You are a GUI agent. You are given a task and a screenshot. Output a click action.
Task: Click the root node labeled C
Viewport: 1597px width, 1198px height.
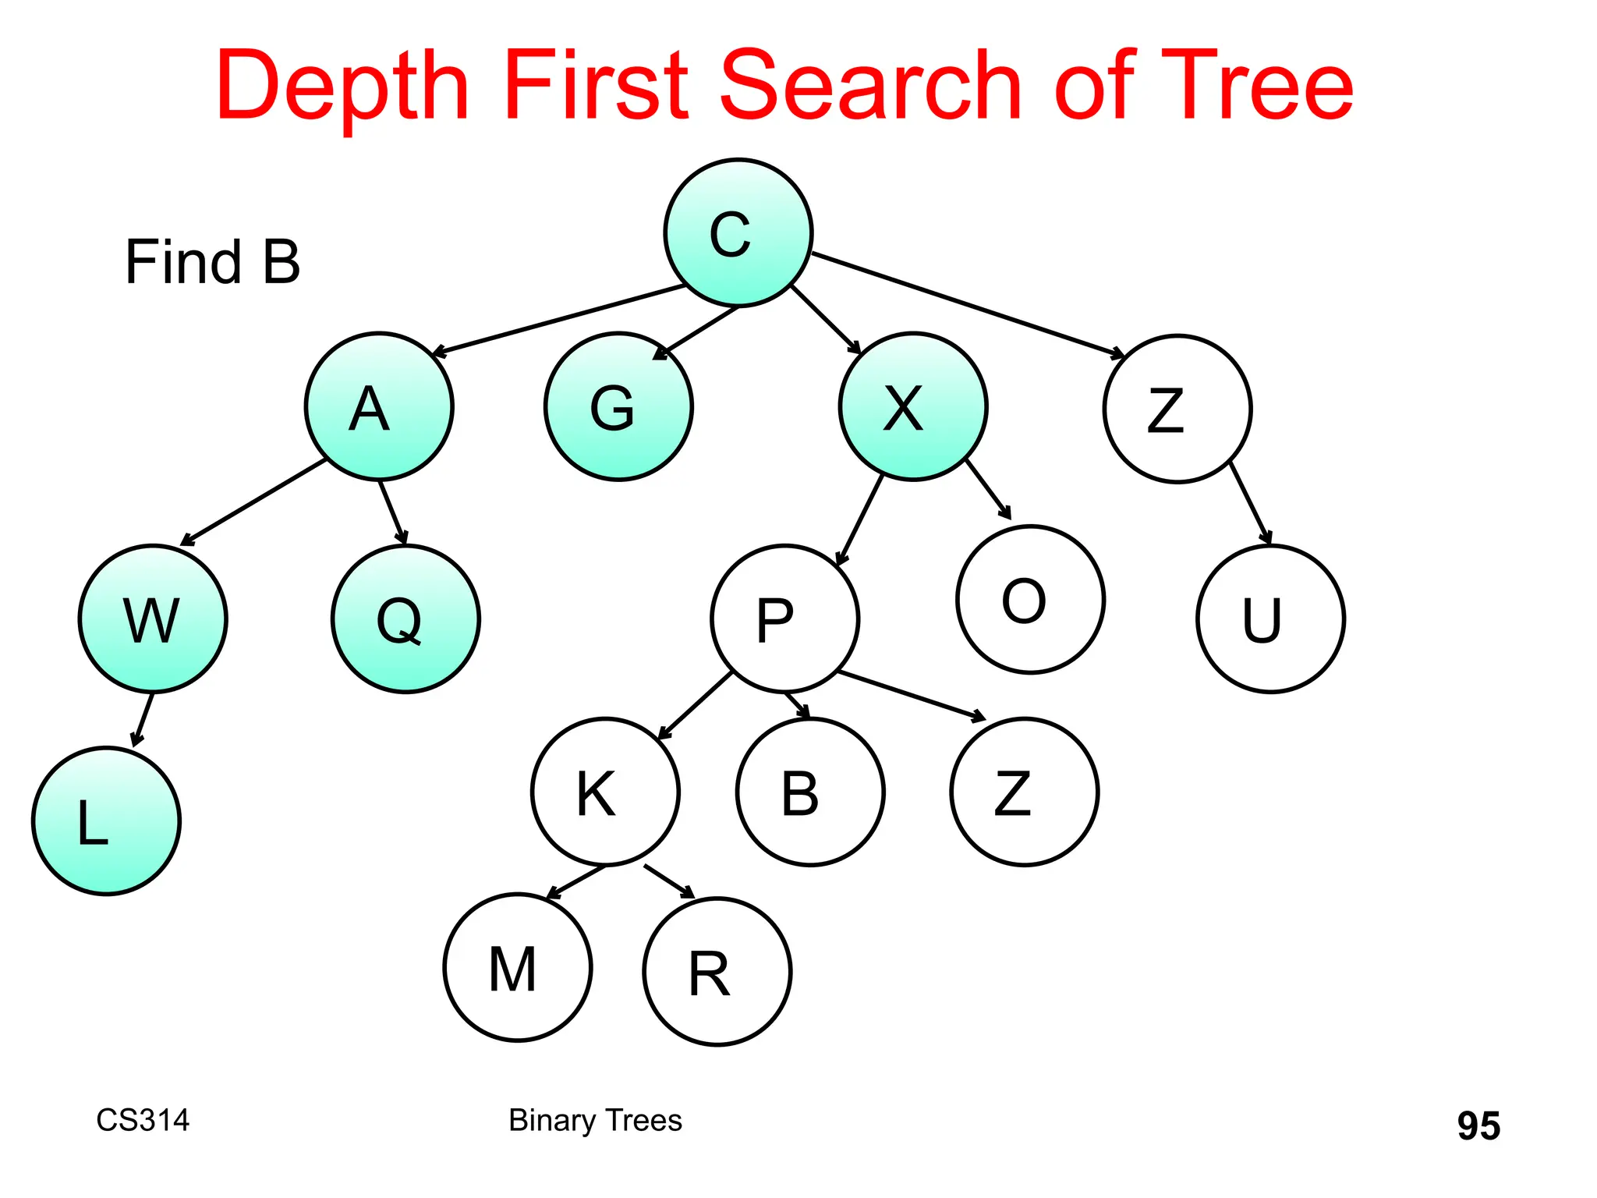point(738,232)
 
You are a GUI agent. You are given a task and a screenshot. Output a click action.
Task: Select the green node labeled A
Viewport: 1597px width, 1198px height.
point(379,406)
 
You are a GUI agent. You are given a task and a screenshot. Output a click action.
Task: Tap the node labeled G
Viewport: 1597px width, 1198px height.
point(618,406)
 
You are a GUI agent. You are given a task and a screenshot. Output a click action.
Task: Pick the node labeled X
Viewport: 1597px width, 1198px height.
point(912,406)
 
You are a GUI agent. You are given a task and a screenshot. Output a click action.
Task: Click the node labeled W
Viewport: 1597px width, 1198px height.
point(153,618)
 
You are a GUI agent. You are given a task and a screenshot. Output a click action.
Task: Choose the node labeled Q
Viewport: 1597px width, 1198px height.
point(405,618)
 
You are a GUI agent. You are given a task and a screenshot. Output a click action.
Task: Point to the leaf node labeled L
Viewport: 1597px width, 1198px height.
point(106,821)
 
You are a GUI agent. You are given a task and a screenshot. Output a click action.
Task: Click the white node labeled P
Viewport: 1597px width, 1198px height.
point(784,618)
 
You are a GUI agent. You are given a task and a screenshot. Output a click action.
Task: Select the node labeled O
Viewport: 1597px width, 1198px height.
point(1030,599)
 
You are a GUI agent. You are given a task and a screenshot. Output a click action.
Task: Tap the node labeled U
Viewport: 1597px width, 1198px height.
point(1270,618)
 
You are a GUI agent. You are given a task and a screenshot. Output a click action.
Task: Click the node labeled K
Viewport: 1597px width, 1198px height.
point(605,792)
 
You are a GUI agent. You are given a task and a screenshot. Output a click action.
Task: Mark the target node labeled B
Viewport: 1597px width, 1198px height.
point(810,792)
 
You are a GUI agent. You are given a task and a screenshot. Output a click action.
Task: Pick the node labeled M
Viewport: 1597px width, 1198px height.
point(518,967)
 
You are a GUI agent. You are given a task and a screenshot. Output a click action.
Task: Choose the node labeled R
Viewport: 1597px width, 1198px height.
point(717,972)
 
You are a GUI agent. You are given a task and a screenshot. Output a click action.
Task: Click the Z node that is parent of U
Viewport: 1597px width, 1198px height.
point(1177,409)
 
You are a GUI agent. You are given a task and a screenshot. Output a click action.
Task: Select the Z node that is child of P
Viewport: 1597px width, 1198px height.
point(1025,792)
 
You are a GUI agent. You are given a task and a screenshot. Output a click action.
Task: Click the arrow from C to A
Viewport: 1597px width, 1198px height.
point(558,321)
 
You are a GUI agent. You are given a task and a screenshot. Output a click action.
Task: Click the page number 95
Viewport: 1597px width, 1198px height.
point(1478,1125)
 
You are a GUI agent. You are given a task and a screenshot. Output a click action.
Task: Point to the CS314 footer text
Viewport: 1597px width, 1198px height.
point(143,1120)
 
